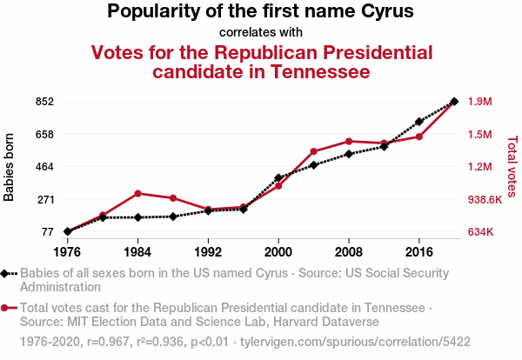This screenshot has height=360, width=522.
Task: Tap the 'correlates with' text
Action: pos(261,32)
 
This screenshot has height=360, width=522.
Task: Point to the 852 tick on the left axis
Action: pos(44,102)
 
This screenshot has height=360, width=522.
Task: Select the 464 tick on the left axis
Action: pos(44,166)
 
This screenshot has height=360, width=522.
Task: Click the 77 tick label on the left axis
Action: pos(47,231)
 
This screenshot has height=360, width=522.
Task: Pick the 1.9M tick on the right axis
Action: pos(480,102)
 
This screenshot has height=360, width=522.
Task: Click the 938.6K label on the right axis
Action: pos(485,199)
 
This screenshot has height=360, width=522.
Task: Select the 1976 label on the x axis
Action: pos(67,252)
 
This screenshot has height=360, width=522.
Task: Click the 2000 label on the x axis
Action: pos(278,252)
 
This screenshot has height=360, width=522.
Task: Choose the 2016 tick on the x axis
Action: pos(419,252)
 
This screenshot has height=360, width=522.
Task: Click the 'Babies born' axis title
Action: pos(10,167)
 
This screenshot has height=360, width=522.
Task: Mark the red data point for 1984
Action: pos(137,193)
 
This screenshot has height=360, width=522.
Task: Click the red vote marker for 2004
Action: pos(313,151)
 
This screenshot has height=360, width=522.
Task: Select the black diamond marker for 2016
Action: pos(419,122)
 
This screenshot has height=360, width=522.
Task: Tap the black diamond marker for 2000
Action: pos(278,177)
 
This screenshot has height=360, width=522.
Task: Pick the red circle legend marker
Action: pos(6,307)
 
